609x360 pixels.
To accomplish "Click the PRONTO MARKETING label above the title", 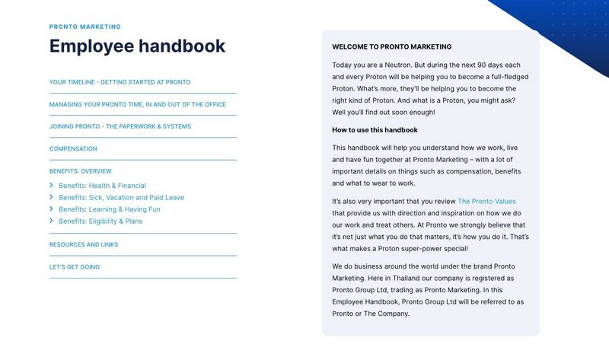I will point(84,27).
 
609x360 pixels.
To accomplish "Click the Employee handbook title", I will point(137,46).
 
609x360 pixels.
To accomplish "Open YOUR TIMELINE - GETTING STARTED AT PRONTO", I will point(120,82).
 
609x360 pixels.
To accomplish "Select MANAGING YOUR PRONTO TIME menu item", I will point(137,104).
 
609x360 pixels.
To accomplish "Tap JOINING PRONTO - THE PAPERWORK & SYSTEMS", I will point(120,126).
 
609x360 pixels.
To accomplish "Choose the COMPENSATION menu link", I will point(73,149).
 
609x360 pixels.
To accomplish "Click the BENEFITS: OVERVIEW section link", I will point(80,171).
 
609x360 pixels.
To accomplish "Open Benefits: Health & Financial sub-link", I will point(102,186).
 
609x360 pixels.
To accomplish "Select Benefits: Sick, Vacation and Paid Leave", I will point(121,198).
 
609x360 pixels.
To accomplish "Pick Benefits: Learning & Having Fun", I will point(109,209).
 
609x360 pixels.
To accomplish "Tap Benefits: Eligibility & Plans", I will point(100,221).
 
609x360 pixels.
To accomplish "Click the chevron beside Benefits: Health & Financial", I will point(51,186).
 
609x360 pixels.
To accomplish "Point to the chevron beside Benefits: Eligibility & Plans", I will point(51,221).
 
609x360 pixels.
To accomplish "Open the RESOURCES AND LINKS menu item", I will point(83,245).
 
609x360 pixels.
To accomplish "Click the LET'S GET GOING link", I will point(74,267).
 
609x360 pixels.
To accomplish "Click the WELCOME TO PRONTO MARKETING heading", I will point(391,47).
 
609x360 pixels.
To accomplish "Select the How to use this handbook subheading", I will point(375,130).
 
